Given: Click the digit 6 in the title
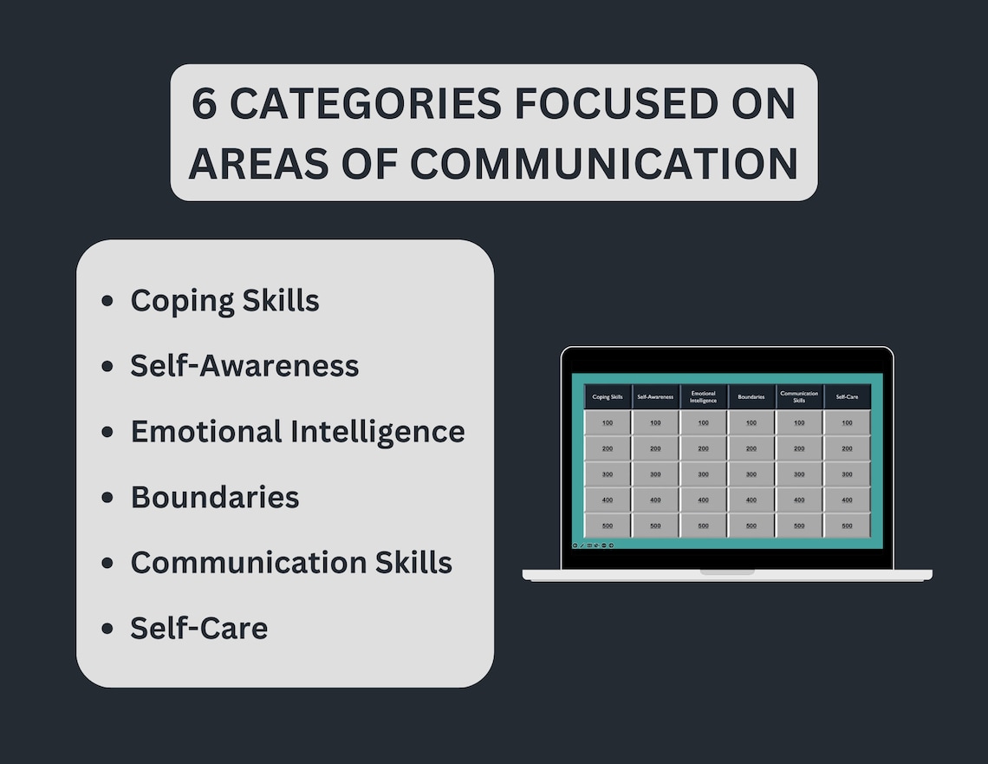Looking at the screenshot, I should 204,104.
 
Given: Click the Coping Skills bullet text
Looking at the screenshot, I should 224,301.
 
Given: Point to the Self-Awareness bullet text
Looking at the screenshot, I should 244,366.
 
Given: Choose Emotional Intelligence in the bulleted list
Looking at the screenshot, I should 297,431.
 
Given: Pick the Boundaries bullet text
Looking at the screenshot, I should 215,497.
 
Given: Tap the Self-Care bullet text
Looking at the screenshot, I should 198,628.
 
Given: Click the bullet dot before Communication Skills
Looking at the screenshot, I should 107,563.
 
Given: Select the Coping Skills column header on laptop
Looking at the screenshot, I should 608,397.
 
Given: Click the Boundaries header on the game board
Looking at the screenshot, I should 751,397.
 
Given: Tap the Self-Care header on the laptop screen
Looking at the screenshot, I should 847,397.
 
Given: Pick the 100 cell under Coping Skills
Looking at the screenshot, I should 608,423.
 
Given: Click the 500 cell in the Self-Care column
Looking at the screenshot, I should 847,526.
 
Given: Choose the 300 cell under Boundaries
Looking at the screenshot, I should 751,474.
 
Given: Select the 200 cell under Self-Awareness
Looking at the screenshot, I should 655,448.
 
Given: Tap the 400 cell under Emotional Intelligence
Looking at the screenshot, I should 703,500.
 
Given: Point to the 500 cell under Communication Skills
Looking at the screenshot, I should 799,526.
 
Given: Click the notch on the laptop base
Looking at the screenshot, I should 727,572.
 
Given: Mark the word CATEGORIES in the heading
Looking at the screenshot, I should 365,104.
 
